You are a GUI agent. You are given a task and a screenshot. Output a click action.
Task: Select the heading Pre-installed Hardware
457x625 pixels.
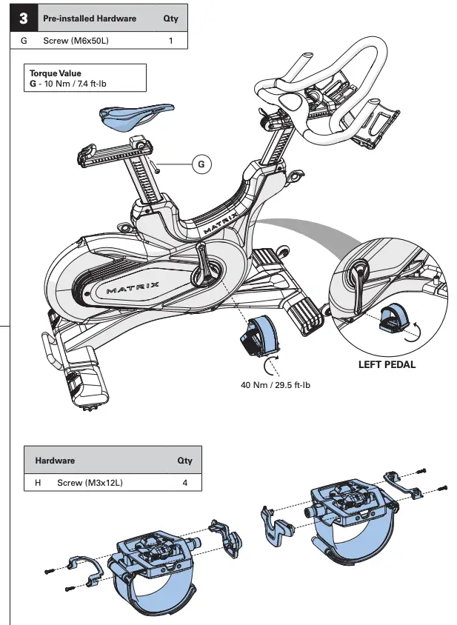click(x=90, y=19)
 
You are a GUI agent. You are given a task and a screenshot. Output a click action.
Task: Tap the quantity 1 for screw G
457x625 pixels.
click(x=171, y=41)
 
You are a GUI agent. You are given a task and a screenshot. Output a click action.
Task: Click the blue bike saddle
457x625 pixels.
click(x=136, y=114)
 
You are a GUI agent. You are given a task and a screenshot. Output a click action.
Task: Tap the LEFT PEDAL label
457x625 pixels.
click(x=387, y=364)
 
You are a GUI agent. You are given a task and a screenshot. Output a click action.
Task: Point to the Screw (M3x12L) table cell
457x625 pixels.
click(x=90, y=483)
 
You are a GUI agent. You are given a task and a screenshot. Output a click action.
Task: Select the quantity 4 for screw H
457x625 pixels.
click(x=184, y=483)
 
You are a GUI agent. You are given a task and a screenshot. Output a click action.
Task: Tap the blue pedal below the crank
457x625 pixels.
click(x=260, y=333)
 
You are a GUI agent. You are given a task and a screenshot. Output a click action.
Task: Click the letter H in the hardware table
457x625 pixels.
click(x=38, y=483)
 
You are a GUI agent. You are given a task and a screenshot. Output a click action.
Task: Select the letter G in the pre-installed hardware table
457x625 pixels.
click(x=24, y=41)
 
